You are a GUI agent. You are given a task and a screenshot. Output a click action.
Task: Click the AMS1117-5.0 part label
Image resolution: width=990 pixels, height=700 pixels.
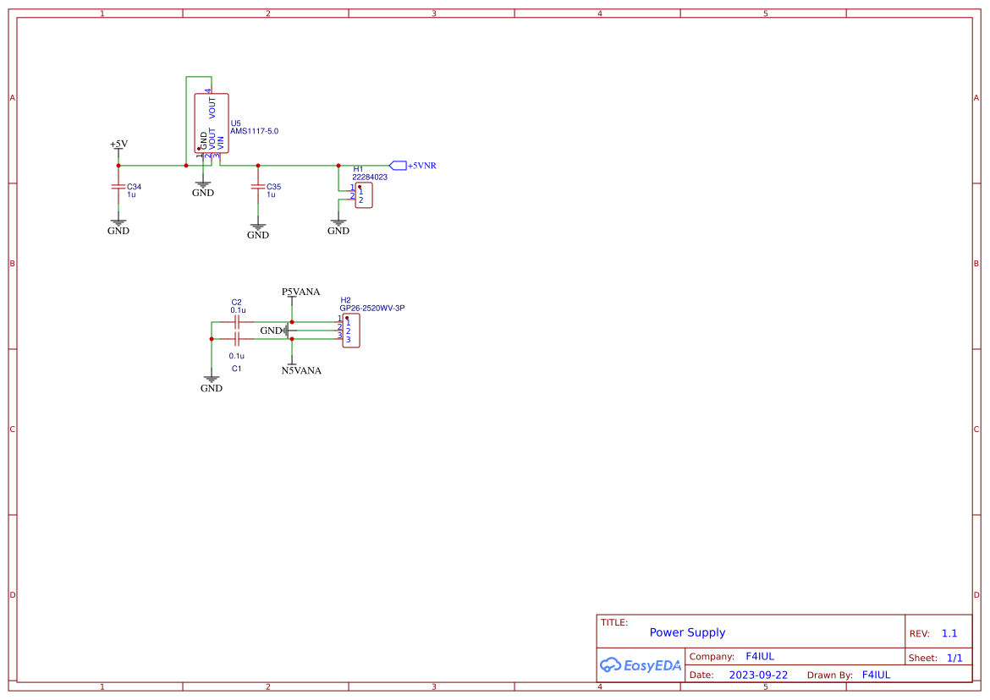(254, 132)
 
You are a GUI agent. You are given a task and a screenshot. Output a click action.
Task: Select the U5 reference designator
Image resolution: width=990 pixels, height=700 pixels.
(235, 123)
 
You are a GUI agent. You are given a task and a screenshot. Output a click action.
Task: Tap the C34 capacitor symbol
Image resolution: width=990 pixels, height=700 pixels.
(118, 187)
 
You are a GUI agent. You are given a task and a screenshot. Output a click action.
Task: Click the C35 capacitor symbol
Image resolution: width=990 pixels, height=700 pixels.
(258, 187)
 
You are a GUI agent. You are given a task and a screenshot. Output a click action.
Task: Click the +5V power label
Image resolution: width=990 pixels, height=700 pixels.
(118, 144)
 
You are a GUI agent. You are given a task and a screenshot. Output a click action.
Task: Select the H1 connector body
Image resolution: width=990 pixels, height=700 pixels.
(363, 195)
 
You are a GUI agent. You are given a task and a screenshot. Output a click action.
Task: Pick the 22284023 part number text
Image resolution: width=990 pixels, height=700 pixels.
(370, 178)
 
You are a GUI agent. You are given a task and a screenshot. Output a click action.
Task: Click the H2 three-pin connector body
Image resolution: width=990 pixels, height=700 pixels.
(349, 331)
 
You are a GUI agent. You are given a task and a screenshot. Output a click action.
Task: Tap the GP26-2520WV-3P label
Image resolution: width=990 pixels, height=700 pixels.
(372, 309)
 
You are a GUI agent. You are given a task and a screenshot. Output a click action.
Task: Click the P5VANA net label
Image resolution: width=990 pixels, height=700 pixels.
(300, 292)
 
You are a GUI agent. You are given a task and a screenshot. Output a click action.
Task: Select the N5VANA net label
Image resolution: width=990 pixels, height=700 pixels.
(301, 370)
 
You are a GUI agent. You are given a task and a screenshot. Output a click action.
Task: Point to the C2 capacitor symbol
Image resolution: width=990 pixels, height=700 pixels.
(238, 322)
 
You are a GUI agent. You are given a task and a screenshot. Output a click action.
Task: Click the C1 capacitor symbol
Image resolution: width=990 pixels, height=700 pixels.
(238, 339)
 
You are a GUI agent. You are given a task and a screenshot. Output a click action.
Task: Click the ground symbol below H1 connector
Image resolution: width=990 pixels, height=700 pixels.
(338, 226)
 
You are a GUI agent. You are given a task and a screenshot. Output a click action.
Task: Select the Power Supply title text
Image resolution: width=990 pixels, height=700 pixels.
(687, 632)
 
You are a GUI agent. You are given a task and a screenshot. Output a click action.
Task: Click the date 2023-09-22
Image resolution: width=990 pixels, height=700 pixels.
(758, 675)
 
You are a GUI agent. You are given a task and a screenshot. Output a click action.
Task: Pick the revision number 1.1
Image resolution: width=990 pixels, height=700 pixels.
(949, 633)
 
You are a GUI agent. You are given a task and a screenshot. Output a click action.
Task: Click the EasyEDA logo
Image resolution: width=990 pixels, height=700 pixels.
(641, 665)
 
